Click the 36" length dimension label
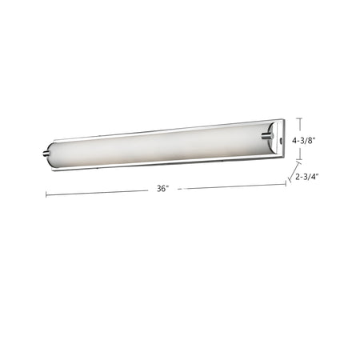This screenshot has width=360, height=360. tap(163, 189)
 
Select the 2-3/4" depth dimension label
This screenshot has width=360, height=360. tap(307, 176)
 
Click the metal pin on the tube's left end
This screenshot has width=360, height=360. tap(46, 153)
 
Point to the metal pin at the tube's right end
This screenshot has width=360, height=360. tap(267, 136)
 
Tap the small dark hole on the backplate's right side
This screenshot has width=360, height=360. tap(281, 139)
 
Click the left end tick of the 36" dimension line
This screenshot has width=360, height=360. tap(46, 194)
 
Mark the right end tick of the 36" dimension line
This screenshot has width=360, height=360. tap(286, 183)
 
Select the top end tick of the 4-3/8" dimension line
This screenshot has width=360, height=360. tap(301, 118)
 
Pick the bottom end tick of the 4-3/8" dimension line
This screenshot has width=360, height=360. tap(301, 160)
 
